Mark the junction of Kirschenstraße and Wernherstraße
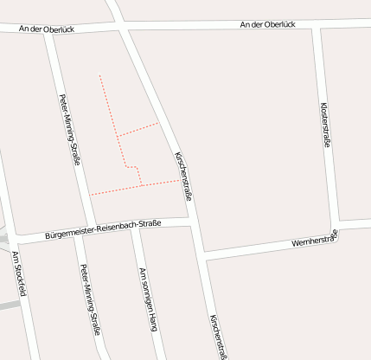(x=202, y=253)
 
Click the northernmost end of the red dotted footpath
(x=99, y=75)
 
